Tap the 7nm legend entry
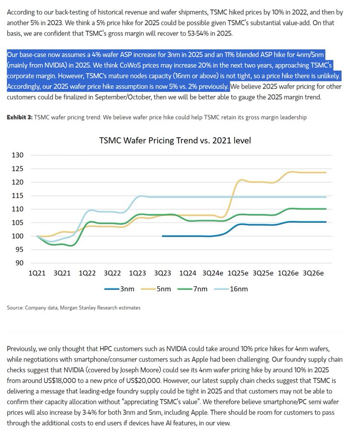[x=201, y=289]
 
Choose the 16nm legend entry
[x=240, y=289]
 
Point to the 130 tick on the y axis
[x=17, y=155]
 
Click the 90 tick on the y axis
[x=19, y=263]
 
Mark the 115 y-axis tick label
[x=17, y=195]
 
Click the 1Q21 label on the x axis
[x=37, y=273]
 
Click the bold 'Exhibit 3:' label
[x=20, y=117]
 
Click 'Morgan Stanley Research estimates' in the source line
[x=100, y=307]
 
